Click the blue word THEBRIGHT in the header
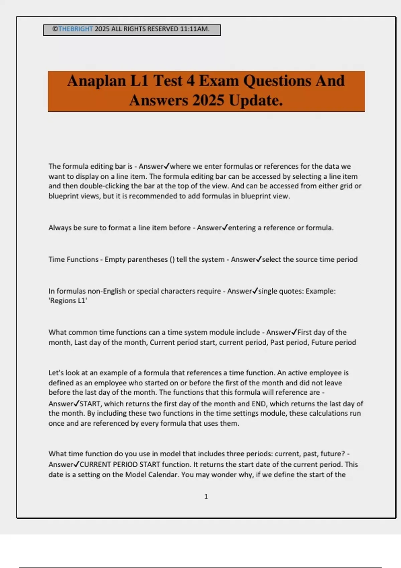click(76, 29)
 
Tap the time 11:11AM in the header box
click(194, 29)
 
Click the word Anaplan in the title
click(97, 81)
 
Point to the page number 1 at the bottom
click(206, 496)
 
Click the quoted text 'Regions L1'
click(68, 301)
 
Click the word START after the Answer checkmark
click(90, 404)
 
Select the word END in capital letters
click(259, 404)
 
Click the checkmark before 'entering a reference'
click(225, 228)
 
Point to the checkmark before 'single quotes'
click(255, 291)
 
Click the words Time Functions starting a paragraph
click(74, 260)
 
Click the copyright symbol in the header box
click(55, 29)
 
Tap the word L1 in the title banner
click(139, 81)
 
